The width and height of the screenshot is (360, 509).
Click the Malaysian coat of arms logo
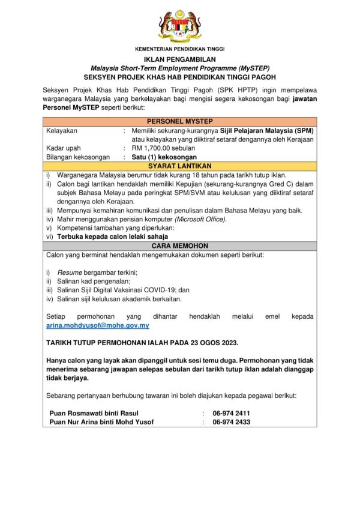tap(179, 26)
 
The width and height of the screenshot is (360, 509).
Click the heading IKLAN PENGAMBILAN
tap(179, 60)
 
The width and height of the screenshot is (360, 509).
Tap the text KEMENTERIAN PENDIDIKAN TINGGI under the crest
tap(179, 49)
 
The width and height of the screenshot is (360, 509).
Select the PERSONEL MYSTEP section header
tap(179, 121)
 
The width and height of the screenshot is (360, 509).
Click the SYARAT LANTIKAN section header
tap(179, 166)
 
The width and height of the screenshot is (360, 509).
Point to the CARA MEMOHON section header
tap(179, 246)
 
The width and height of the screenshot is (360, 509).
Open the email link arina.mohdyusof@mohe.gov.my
tap(98, 325)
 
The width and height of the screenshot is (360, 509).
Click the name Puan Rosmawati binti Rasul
tap(94, 413)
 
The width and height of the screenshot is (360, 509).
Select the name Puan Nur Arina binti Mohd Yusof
tap(102, 422)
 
